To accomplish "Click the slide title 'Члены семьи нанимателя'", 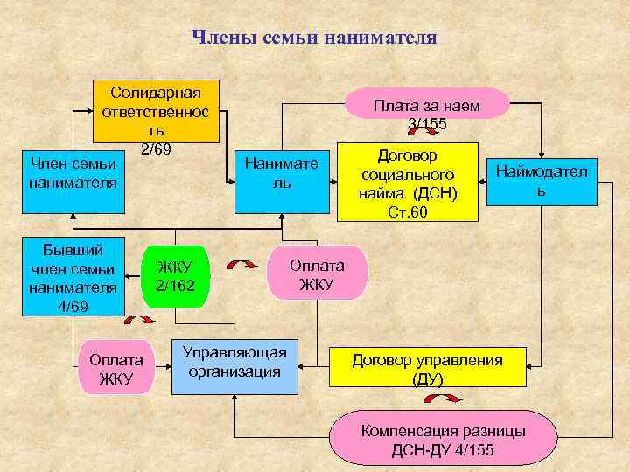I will coord(314,38).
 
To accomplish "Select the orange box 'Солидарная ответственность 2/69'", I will coord(157,113).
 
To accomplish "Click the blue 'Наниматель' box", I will coord(282,172).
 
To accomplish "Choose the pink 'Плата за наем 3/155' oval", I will coord(426,106).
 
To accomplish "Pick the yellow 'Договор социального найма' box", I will coord(408,181).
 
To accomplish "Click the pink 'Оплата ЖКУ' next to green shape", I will coord(317,273).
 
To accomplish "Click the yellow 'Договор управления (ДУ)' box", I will coord(427,368).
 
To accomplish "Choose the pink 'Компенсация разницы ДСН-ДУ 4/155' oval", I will coord(443,441).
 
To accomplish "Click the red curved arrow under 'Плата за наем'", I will coord(425,131).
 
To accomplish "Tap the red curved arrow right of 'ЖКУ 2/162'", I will coord(241,263).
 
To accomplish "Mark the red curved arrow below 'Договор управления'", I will coord(442,399).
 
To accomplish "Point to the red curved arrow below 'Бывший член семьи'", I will coord(138,321).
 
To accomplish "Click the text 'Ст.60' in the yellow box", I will coord(408,212).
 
